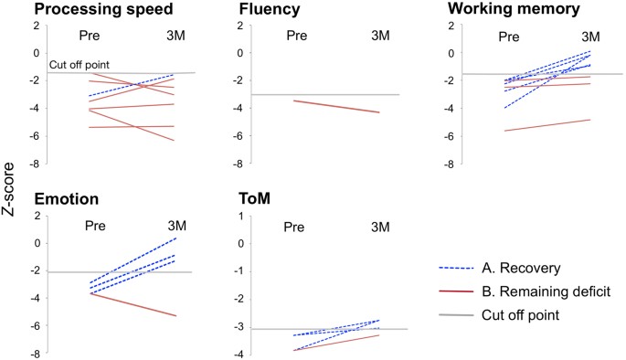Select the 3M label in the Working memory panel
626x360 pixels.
(589, 37)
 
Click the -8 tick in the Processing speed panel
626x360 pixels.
(35, 164)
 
